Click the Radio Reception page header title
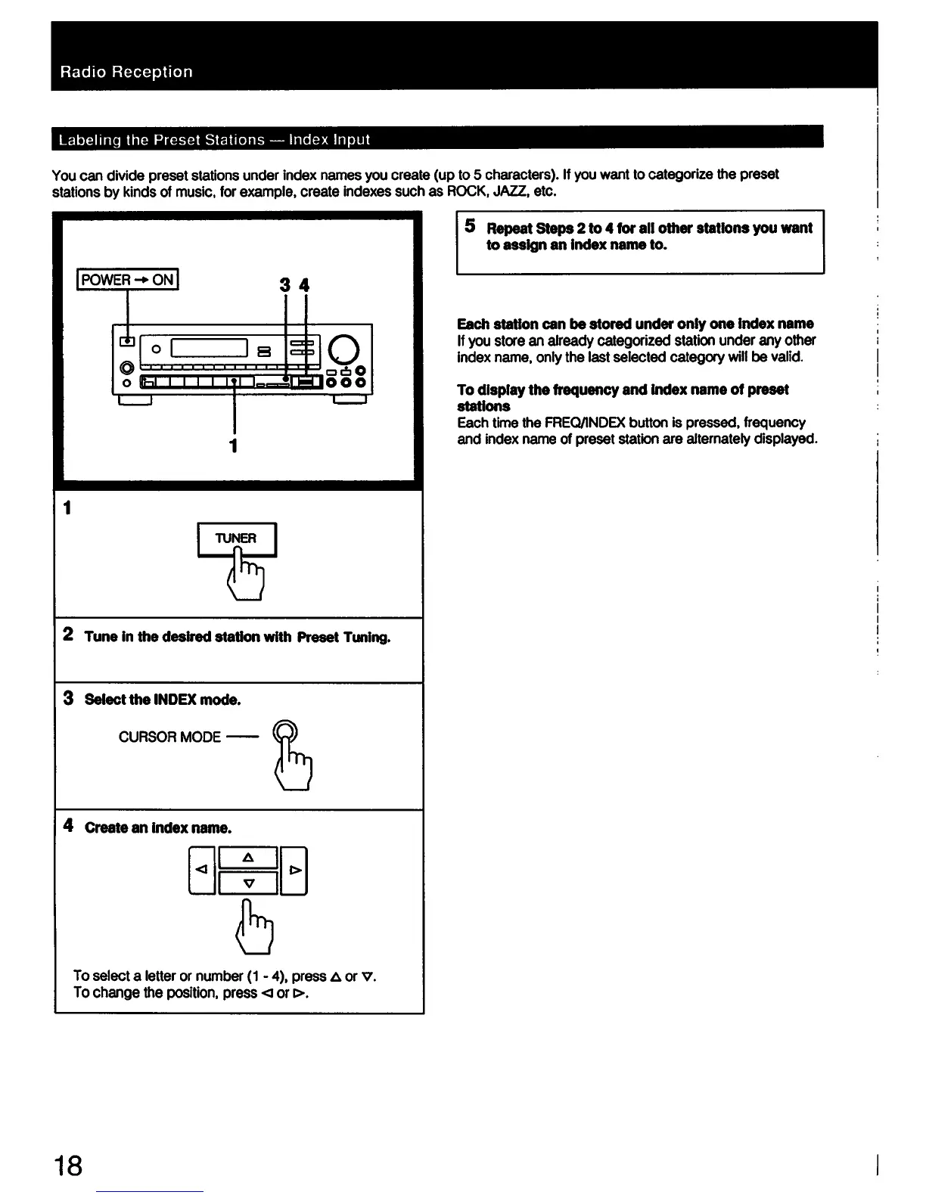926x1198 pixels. click(126, 72)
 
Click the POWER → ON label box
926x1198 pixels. click(128, 280)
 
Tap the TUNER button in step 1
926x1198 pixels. click(237, 538)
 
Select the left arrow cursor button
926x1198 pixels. click(200, 871)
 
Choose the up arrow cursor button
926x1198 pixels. click(248, 858)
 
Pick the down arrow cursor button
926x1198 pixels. click(248, 883)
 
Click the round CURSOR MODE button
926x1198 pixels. click(285, 731)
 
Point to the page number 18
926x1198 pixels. click(67, 1165)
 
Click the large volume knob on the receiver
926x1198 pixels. click(344, 349)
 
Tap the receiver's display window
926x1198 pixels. click(210, 349)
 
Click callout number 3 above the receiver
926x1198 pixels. click(284, 285)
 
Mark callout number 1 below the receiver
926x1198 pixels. click(234, 445)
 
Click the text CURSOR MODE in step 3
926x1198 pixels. click(169, 737)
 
